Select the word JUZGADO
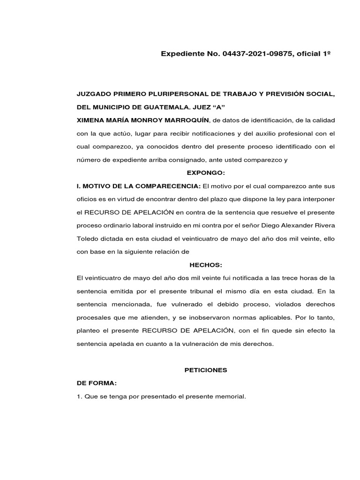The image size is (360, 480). [x=92, y=94]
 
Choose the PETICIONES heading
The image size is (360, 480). [x=206, y=370]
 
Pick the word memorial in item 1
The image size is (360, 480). [x=231, y=397]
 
